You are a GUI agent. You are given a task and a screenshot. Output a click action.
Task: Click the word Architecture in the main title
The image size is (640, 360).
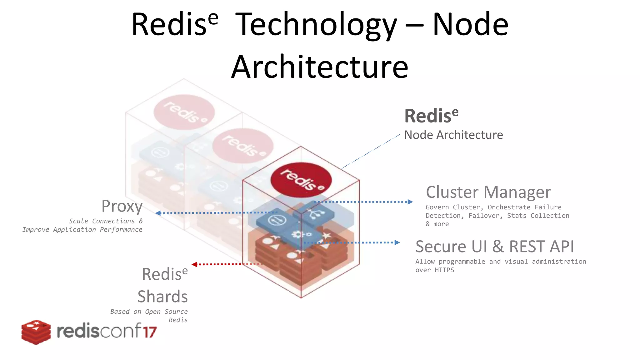click(320, 67)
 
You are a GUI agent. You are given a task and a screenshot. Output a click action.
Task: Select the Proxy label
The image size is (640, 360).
click(122, 206)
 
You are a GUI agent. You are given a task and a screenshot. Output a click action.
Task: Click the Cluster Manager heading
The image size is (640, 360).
click(488, 192)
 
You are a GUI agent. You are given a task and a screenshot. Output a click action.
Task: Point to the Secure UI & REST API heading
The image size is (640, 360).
click(495, 247)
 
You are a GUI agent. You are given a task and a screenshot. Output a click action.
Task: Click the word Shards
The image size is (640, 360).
click(162, 296)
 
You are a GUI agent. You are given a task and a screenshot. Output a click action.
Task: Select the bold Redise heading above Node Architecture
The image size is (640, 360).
click(431, 116)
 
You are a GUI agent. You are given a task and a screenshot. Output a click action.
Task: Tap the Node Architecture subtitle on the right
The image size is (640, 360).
click(453, 135)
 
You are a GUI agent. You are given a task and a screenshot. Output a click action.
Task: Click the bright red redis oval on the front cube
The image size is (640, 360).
click(301, 180)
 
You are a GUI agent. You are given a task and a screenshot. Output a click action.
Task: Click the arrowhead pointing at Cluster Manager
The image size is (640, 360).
click(410, 202)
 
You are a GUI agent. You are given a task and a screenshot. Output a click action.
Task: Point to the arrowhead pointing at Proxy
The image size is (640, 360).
click(158, 213)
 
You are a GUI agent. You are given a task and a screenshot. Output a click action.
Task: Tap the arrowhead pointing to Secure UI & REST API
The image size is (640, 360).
click(397, 242)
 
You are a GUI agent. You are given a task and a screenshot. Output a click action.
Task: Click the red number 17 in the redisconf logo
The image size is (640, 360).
click(150, 332)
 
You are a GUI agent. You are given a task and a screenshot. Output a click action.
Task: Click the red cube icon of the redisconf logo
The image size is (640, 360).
click(36, 332)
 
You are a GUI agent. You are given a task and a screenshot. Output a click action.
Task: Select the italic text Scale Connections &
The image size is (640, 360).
click(106, 221)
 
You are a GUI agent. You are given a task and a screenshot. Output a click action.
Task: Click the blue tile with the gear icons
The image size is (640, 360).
click(302, 235)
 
